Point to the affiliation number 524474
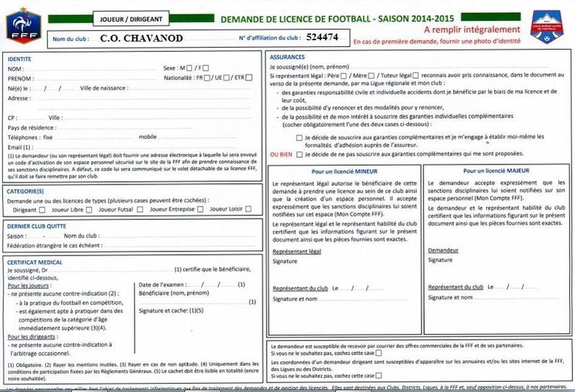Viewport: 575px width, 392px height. coord(322,37)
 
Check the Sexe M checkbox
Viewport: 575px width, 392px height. coord(190,68)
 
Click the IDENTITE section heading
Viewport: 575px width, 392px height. coord(19,59)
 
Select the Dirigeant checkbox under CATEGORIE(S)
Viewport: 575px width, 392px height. coord(42,210)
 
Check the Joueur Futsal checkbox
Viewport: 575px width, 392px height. coord(140,210)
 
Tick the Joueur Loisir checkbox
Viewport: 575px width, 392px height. coord(248,210)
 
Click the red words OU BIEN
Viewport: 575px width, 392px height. coord(281,155)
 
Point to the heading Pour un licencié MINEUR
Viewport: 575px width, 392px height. coord(344,171)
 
